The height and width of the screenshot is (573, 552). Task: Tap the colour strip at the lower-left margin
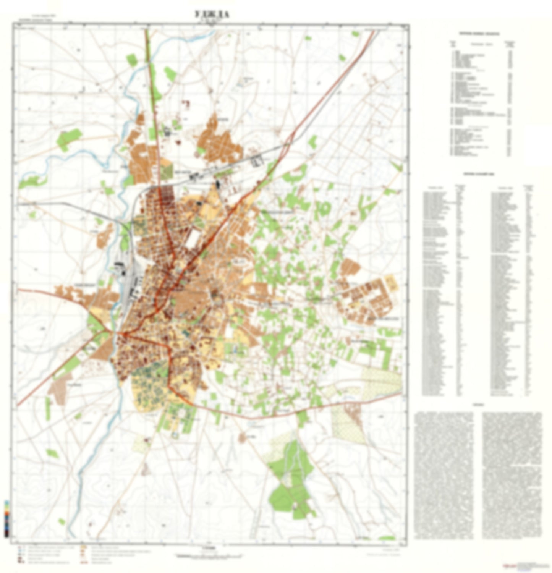[6, 518]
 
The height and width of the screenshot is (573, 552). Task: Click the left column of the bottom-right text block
[444, 474]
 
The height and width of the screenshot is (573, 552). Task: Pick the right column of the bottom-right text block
[512, 474]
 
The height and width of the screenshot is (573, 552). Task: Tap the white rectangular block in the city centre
[193, 237]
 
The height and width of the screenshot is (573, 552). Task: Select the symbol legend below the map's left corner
[46, 556]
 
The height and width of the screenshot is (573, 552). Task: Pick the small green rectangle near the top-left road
[131, 59]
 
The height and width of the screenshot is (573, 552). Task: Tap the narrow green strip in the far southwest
[48, 407]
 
